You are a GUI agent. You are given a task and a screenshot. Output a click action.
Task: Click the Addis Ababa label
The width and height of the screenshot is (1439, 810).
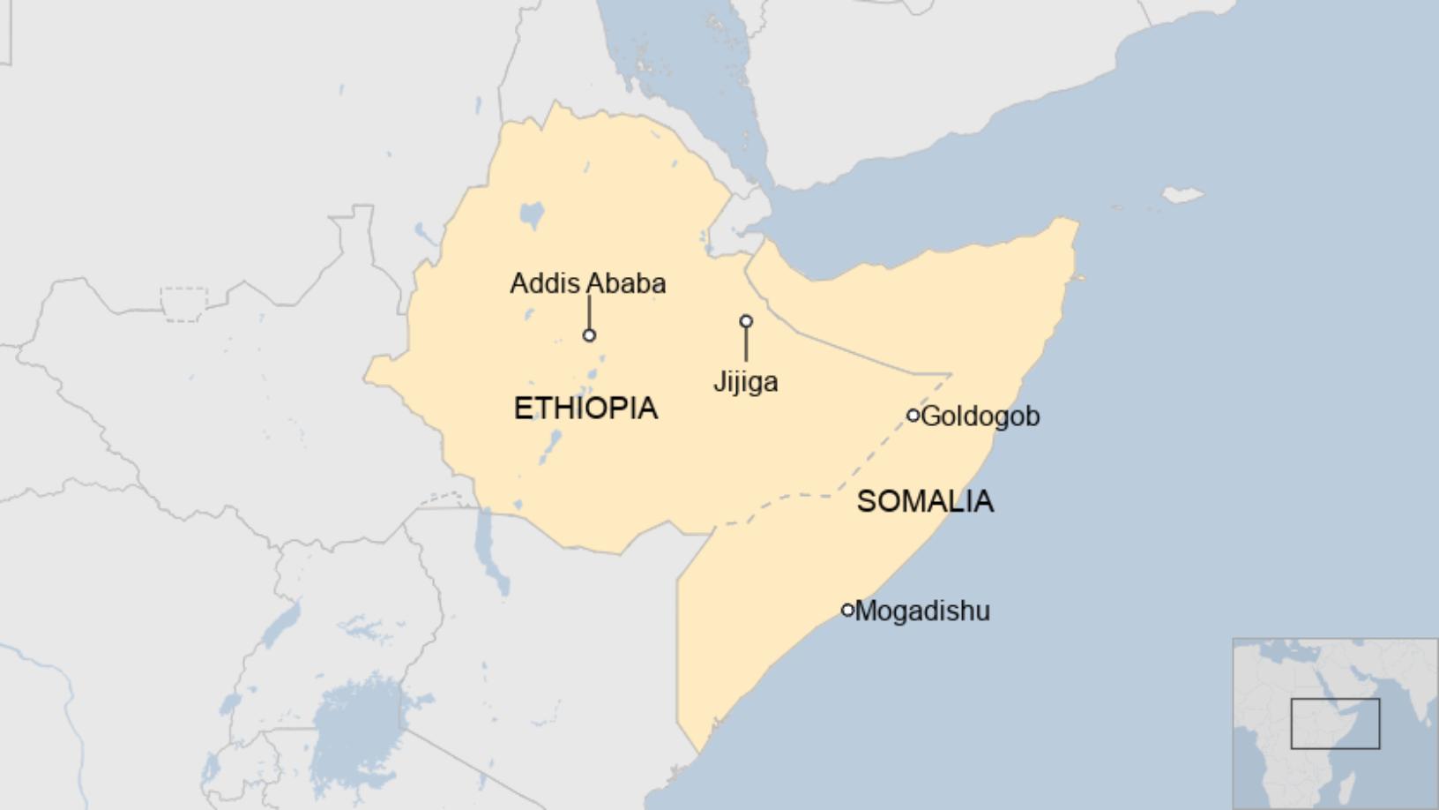pyautogui.click(x=587, y=283)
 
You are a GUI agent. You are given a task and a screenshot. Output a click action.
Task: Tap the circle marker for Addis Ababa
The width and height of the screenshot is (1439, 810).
pyautogui.click(x=589, y=335)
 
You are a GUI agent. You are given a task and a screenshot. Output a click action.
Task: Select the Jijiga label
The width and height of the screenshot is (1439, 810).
pyautogui.click(x=745, y=382)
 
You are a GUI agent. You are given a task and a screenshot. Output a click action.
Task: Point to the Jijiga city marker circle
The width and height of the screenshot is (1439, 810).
pyautogui.click(x=746, y=321)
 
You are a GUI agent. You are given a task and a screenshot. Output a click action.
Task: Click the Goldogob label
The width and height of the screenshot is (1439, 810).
pyautogui.click(x=980, y=416)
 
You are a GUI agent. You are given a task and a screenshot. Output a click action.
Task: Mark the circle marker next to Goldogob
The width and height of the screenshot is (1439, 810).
pyautogui.click(x=913, y=416)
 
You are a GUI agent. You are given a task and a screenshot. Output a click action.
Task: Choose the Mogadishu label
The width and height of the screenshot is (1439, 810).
pyautogui.click(x=922, y=611)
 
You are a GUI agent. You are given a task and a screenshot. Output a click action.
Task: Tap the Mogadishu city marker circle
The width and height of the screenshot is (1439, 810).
pyautogui.click(x=847, y=610)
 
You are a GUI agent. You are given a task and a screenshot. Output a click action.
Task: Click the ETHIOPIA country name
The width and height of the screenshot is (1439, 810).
pyautogui.click(x=585, y=409)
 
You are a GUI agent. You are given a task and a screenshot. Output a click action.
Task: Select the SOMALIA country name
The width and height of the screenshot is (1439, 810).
pyautogui.click(x=925, y=501)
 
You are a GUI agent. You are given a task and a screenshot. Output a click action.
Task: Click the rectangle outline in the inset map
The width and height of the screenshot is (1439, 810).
pyautogui.click(x=1335, y=724)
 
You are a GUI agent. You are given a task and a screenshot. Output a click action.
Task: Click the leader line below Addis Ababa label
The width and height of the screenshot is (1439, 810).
pyautogui.click(x=589, y=311)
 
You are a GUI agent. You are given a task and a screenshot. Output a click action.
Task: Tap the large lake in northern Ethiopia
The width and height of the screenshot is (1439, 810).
pyautogui.click(x=532, y=214)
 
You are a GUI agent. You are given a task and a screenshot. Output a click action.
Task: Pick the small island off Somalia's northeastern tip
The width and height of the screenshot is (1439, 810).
pyautogui.click(x=1182, y=194)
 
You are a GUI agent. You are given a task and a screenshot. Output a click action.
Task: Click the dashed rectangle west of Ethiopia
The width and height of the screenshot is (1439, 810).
pyautogui.click(x=184, y=304)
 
